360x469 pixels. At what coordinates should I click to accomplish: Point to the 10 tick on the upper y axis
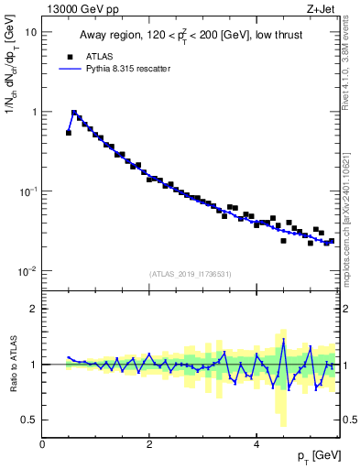(31, 32)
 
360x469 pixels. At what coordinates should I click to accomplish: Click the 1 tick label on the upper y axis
(34, 112)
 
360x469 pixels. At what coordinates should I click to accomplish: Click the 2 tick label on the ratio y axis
(34, 309)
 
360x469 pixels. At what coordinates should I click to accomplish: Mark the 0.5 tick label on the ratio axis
(30, 420)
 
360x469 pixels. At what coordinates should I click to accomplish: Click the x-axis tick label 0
(42, 443)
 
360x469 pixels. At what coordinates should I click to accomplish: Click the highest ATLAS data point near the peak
(74, 114)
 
